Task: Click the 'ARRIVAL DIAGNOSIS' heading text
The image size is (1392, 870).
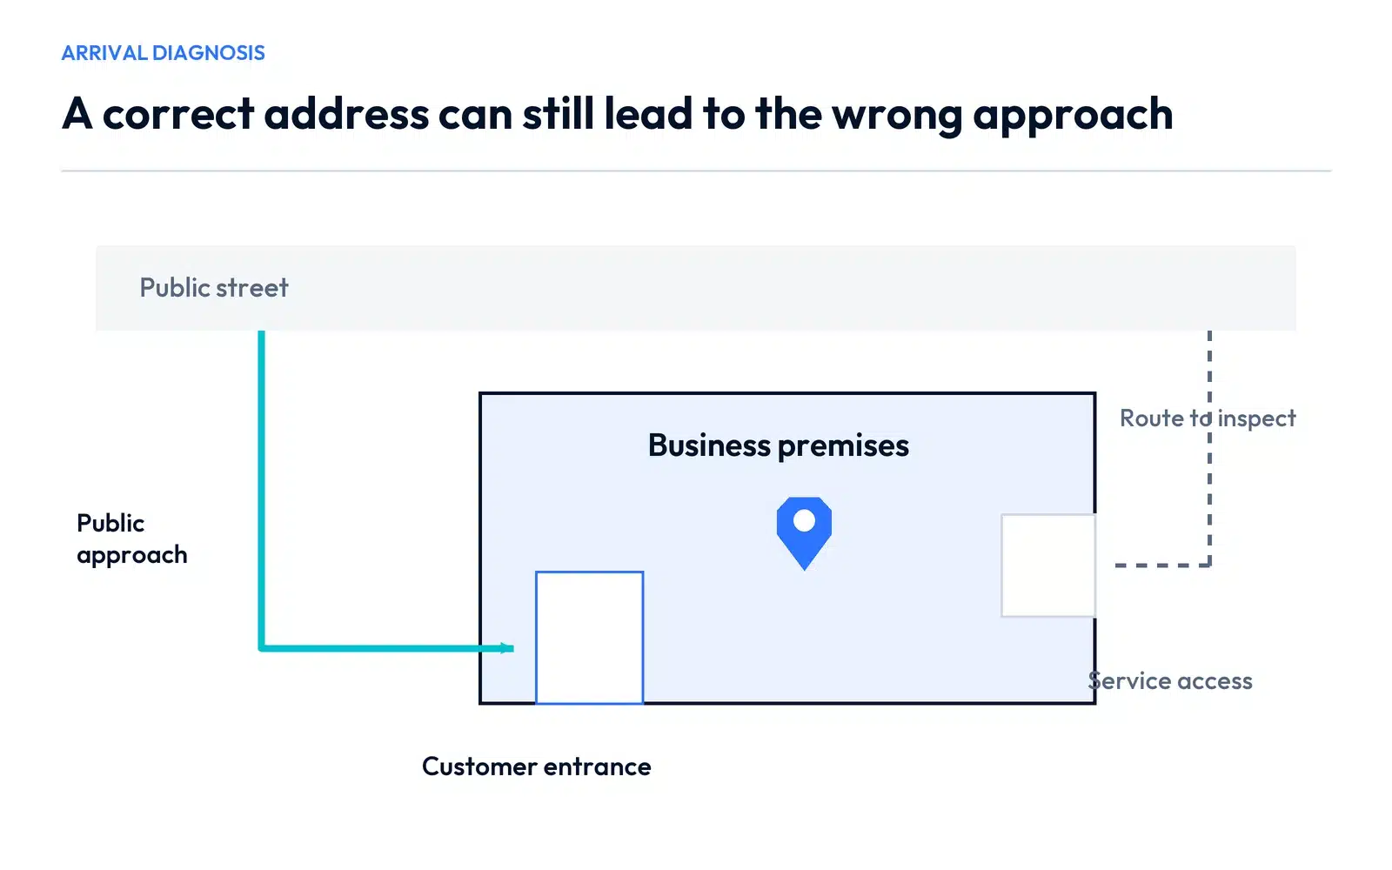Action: coord(163,53)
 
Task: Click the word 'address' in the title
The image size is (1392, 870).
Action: coord(346,114)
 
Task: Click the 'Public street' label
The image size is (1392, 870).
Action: coord(214,288)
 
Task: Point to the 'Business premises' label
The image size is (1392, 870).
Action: coord(778,445)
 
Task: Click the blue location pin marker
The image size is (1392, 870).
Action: coord(804,533)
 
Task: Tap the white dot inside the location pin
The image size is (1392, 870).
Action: coord(804,521)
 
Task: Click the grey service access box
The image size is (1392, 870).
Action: coord(1001,565)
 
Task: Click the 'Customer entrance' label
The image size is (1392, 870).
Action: coord(536,766)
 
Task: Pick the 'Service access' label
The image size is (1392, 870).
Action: coord(1170,681)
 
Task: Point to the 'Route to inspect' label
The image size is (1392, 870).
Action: coord(1208,418)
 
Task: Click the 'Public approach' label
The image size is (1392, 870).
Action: coord(131,539)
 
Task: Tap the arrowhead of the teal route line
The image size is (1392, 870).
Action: coord(507,648)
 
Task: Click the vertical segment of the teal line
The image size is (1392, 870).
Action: coord(262,489)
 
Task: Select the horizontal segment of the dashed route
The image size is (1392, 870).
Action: coord(1162,565)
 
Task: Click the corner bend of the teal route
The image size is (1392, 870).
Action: coord(262,648)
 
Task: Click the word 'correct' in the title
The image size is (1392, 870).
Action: coord(178,115)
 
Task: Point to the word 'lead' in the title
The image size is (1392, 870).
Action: coord(648,114)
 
